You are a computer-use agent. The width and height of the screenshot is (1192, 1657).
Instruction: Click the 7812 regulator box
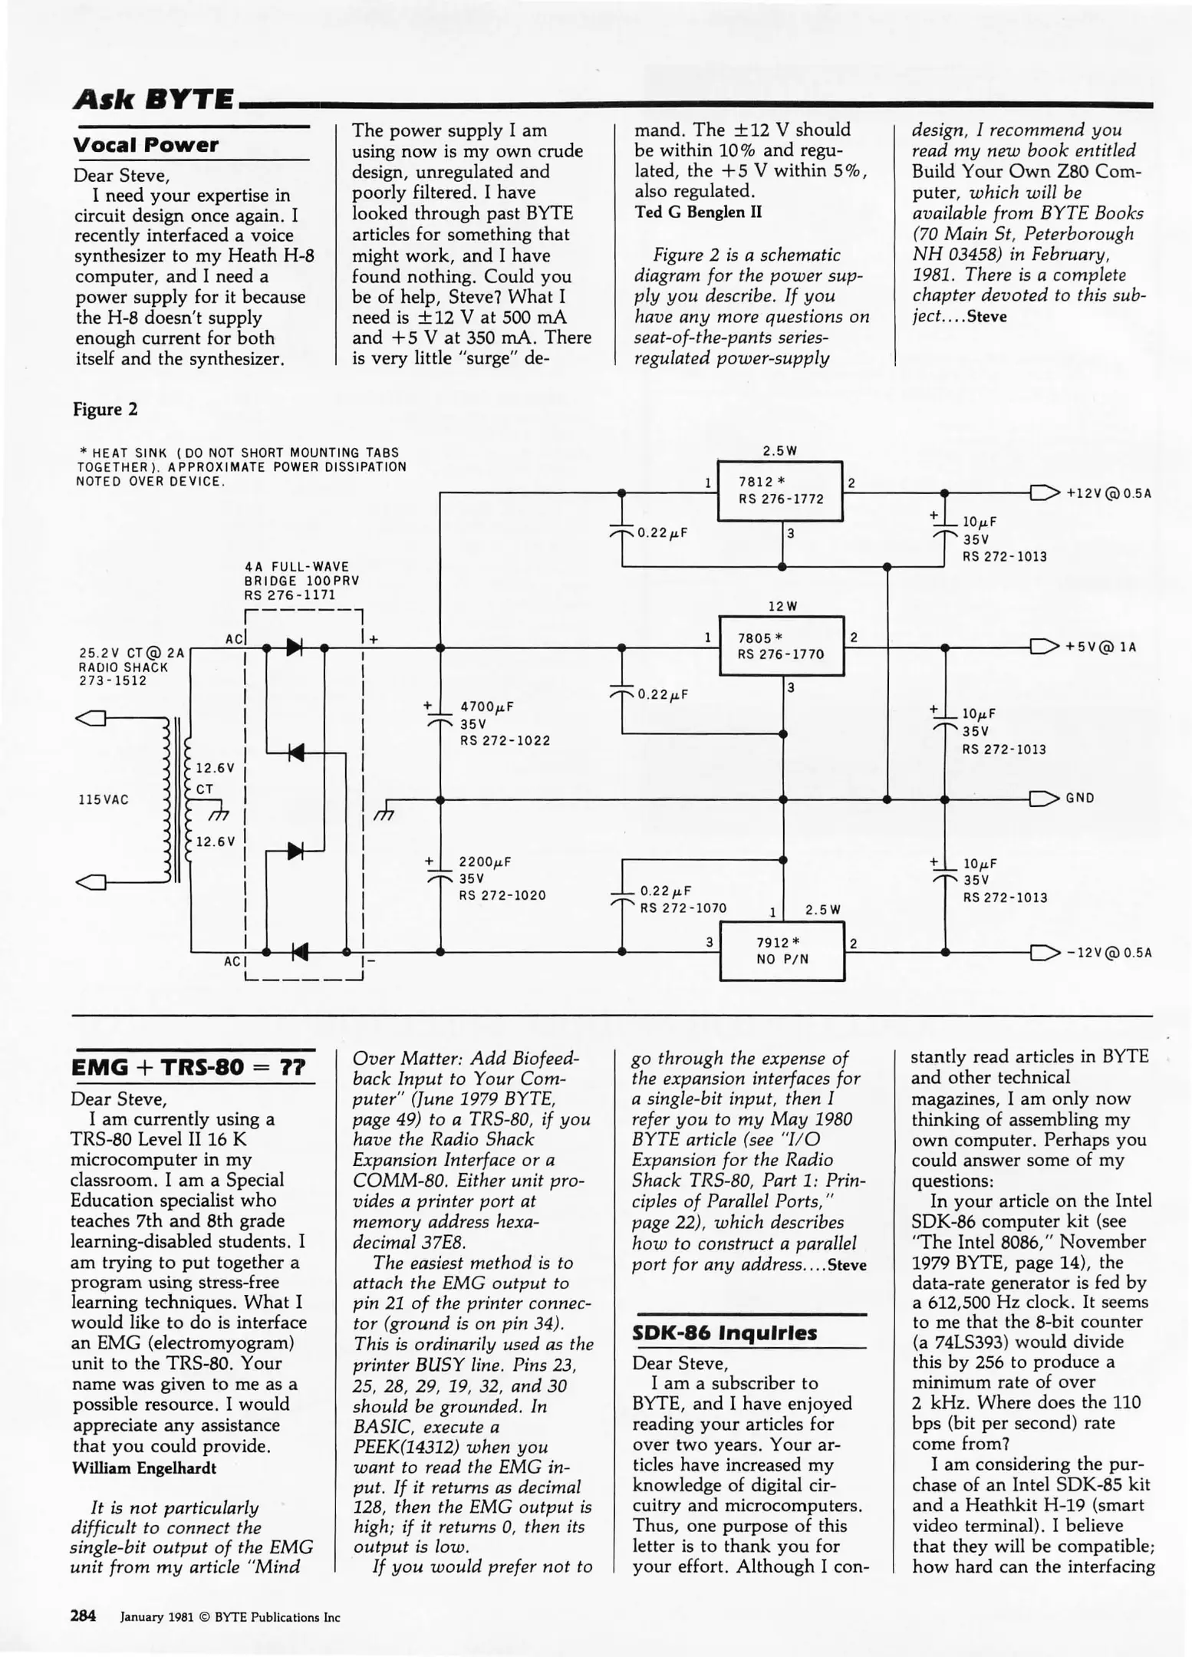(779, 491)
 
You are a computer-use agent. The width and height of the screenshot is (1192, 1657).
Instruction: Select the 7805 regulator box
(781, 646)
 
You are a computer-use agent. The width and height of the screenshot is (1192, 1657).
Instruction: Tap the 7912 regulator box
(782, 952)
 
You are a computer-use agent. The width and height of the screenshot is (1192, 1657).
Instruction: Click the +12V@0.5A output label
(1108, 493)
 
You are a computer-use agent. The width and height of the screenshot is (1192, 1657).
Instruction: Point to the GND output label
(1079, 798)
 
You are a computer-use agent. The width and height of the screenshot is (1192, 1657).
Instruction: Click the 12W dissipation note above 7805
(782, 607)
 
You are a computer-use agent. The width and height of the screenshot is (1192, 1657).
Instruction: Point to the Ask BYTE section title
(153, 99)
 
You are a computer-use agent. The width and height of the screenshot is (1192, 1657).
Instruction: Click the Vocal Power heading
(146, 145)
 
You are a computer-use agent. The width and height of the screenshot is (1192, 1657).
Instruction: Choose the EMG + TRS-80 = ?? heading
(188, 1068)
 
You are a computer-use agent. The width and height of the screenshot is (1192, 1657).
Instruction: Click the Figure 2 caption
(105, 410)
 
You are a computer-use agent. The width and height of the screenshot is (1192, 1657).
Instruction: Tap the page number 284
(83, 1616)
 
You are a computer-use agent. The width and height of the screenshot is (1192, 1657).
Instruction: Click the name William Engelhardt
(143, 1468)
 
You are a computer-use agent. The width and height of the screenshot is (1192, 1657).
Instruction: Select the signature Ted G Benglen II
(698, 212)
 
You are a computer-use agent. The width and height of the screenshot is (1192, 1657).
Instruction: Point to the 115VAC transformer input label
(104, 799)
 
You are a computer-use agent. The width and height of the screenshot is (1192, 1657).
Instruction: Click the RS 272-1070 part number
(683, 908)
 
